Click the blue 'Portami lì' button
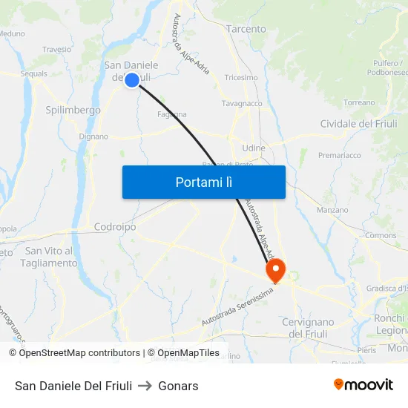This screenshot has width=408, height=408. (203, 182)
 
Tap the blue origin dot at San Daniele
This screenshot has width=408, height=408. (131, 80)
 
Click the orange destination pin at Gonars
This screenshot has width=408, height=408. (275, 269)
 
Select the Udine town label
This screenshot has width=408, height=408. (254, 148)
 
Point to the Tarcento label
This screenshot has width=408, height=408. (246, 29)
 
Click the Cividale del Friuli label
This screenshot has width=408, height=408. (359, 123)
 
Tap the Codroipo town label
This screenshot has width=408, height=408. (115, 227)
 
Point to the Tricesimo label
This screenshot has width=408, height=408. (240, 77)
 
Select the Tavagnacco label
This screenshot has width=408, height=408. (242, 104)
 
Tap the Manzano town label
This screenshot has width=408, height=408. (332, 210)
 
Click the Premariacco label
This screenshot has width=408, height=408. (340, 155)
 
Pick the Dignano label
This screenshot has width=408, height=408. (93, 136)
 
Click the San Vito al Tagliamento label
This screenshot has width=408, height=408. (50, 257)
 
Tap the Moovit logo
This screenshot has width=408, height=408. (363, 385)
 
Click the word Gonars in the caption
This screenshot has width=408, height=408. (179, 386)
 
